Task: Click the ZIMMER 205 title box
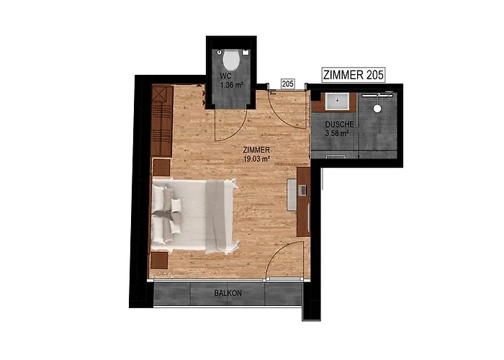pos(354,75)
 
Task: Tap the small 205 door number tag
pos(288,84)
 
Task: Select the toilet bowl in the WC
pos(231,60)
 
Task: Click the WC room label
pos(225,76)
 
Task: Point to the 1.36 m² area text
pos(231,85)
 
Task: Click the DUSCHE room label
pos(339,125)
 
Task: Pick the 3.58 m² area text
pos(337,133)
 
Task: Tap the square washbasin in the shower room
pos(337,102)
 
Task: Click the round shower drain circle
pos(377,108)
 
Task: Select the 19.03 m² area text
pos(256,158)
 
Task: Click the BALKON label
pos(228,293)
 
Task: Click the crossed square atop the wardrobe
pos(159,94)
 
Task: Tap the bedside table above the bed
pos(161,168)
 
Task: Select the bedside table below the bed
pos(159,261)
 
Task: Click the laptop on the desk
pos(303,190)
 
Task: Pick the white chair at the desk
pos(292,195)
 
